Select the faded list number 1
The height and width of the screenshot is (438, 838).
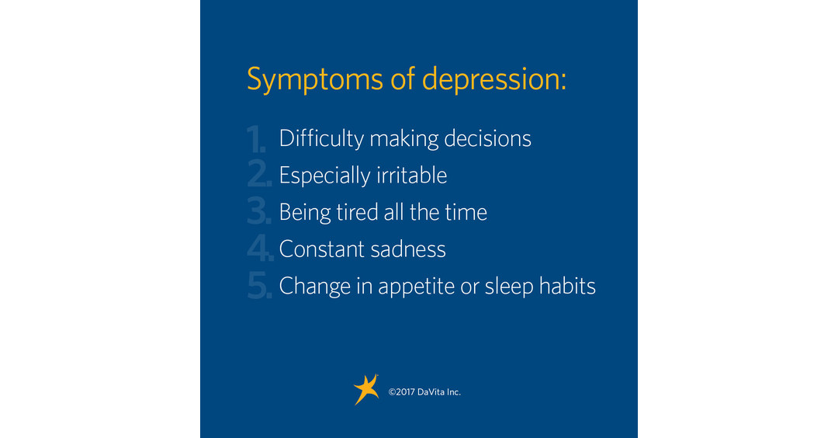pyautogui.click(x=257, y=139)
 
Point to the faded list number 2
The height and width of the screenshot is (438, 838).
pyautogui.click(x=259, y=176)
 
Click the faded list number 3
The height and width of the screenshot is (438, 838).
pyautogui.click(x=259, y=213)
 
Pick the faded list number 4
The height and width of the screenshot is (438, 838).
pyautogui.click(x=259, y=249)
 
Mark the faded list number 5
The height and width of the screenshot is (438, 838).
pyautogui.click(x=259, y=287)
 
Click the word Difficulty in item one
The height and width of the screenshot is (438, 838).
pyautogui.click(x=321, y=138)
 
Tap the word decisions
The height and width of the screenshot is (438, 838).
pyautogui.click(x=488, y=138)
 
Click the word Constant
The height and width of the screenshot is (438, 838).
pyautogui.click(x=318, y=249)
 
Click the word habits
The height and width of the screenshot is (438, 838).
pyautogui.click(x=570, y=287)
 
